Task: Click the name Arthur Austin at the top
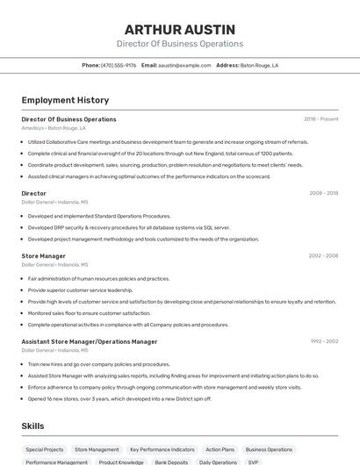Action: (x=180, y=29)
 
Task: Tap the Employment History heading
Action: (x=65, y=100)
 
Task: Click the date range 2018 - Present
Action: (x=321, y=119)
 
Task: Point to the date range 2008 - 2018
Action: (x=323, y=193)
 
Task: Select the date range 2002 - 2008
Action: (x=323, y=256)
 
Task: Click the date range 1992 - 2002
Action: (x=323, y=341)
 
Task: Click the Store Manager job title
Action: (x=43, y=256)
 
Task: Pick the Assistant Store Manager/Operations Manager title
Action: (x=90, y=341)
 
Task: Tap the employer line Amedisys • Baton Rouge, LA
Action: (x=54, y=128)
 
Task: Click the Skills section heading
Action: (x=33, y=426)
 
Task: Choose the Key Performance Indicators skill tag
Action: (x=162, y=449)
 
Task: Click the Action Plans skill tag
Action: (x=220, y=449)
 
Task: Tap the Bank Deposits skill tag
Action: (x=171, y=461)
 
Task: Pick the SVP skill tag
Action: (x=253, y=461)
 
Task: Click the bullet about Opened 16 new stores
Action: (x=119, y=398)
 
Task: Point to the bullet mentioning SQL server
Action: (x=129, y=227)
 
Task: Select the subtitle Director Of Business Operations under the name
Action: (x=180, y=44)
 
